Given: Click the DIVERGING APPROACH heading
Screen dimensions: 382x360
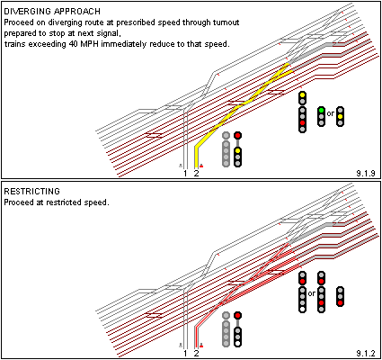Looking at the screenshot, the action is pyautogui.click(x=52, y=12).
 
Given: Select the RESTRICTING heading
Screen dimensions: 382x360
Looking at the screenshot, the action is pyautogui.click(x=31, y=192).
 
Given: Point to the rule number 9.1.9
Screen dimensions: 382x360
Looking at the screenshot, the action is pyautogui.click(x=366, y=173).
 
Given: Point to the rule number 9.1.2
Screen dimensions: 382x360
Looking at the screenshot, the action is pyautogui.click(x=366, y=353).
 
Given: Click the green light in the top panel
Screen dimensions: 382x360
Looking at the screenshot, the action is pyautogui.click(x=321, y=110).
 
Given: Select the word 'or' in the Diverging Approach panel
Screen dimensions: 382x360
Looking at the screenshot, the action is pyautogui.click(x=331, y=113).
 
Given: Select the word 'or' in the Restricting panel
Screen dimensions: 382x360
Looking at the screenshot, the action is pyautogui.click(x=312, y=293).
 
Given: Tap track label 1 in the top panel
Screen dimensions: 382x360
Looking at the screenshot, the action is pyautogui.click(x=185, y=174).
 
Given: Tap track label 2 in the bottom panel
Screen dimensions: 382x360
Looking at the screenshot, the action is pyautogui.click(x=196, y=354).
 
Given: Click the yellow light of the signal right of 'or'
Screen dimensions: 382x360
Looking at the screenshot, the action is pyautogui.click(x=340, y=116).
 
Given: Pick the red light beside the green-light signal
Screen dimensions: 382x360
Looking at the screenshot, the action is pyautogui.click(x=302, y=122).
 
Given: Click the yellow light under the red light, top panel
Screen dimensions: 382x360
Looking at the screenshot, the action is pyautogui.click(x=237, y=150).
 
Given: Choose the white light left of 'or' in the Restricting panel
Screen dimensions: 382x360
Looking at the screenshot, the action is pyautogui.click(x=302, y=309).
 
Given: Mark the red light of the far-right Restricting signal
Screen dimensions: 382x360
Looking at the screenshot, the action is pyautogui.click(x=340, y=302).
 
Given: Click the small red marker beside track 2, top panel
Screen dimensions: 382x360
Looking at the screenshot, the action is pyautogui.click(x=201, y=166).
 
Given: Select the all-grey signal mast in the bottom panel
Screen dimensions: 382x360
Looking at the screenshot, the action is pyautogui.click(x=226, y=329).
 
